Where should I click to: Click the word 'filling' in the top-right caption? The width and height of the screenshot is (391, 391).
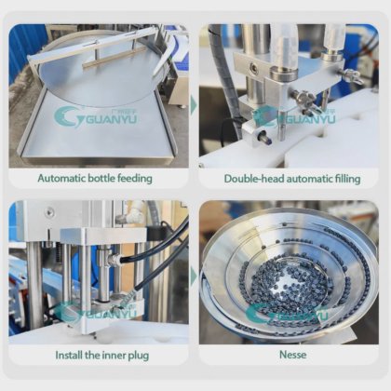[x=347, y=179]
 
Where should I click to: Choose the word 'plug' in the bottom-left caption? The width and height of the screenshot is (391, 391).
[x=139, y=356]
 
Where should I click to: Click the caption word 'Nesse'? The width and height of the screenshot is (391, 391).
[x=292, y=355]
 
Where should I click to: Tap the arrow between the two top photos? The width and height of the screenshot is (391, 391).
[x=194, y=105]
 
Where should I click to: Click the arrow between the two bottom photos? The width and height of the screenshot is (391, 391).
[x=194, y=276]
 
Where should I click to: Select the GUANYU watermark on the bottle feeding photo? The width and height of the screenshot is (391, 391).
[x=96, y=116]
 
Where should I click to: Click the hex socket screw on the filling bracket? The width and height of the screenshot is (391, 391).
[x=254, y=66]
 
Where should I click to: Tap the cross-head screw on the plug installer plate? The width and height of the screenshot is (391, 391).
[x=49, y=212]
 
